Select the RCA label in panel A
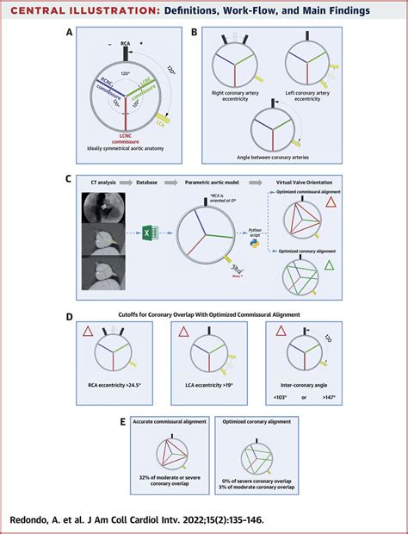126,42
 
